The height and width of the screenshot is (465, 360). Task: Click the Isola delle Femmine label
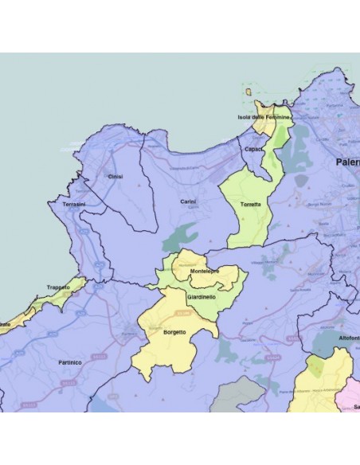[264, 118]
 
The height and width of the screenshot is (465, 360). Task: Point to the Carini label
[188, 201]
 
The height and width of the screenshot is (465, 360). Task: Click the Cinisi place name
[115, 176]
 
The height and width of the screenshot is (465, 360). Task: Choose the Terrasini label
[62, 205]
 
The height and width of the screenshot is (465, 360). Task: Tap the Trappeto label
[58, 287]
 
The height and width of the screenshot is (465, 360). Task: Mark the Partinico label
[71, 361]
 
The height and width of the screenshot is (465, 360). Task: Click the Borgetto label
[174, 332]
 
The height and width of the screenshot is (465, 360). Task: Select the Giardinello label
[201, 296]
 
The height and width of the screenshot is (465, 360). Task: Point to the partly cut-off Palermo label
[347, 162]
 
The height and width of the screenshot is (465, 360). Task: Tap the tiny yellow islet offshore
[251, 93]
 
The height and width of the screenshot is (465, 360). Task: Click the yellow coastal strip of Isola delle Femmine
[260, 127]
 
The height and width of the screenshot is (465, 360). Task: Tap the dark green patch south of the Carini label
[182, 236]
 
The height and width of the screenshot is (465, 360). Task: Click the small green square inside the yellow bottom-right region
[316, 367]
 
